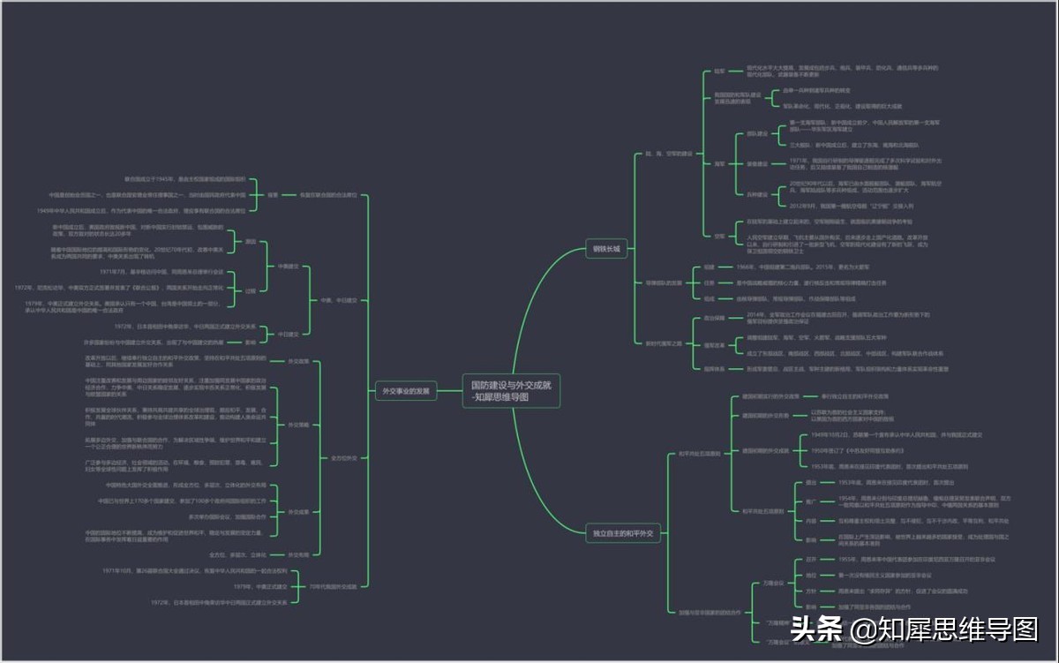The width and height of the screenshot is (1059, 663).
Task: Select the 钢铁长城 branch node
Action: pos(606,250)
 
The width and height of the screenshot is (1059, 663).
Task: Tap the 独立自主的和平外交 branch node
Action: pos(623,533)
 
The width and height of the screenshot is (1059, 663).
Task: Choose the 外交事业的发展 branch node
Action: pos(404,390)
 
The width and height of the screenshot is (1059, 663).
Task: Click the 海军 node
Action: pos(719,163)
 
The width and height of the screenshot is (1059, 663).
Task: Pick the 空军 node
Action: pos(719,236)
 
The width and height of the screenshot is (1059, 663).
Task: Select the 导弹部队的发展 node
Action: pos(663,283)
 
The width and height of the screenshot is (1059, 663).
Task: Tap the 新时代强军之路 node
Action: pos(663,343)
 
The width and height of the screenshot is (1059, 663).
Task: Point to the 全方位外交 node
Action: pos(344,457)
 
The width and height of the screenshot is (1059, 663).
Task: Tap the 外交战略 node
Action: pos(298,425)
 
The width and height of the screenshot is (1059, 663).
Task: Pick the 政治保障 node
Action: pos(713,317)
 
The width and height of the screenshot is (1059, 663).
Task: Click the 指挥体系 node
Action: pos(713,368)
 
